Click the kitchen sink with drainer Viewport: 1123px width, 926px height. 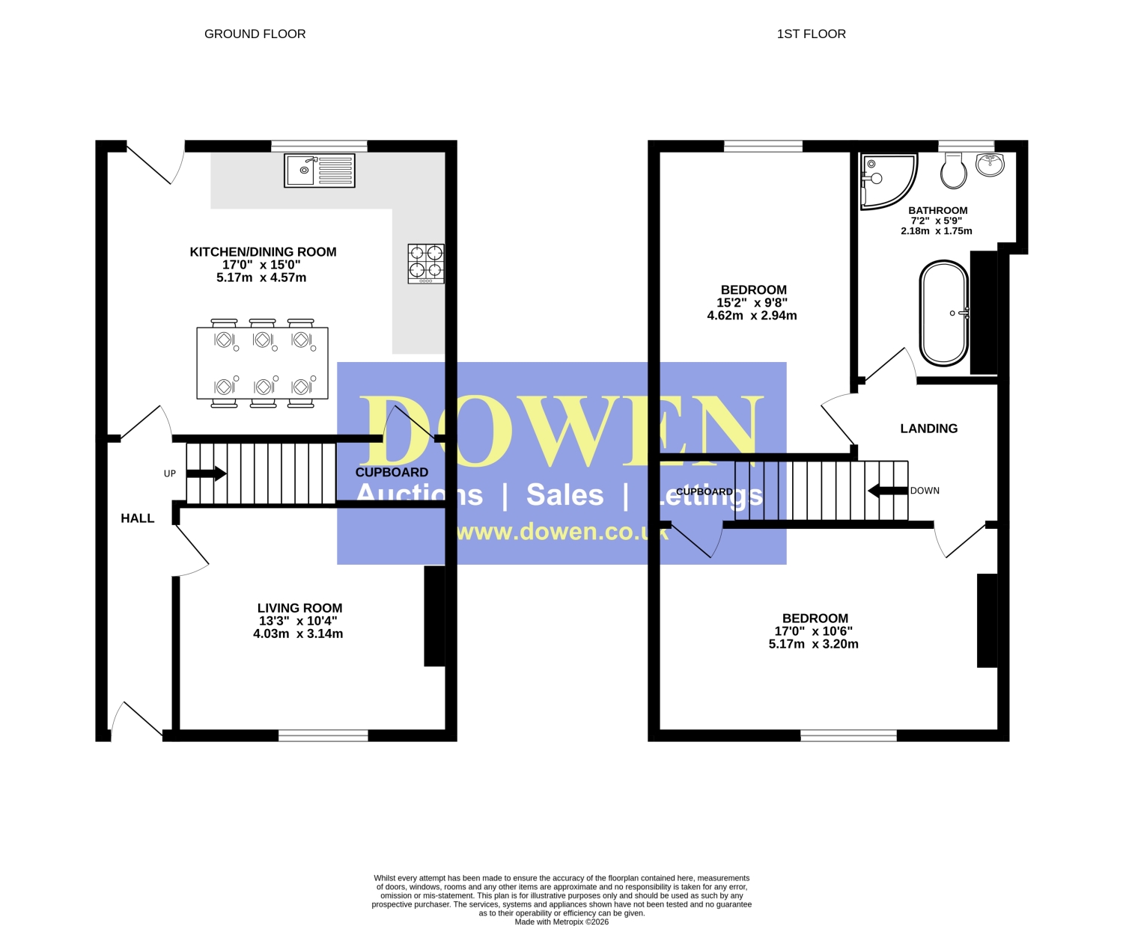point(320,171)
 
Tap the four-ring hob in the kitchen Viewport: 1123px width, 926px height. point(426,263)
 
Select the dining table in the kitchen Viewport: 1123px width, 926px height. point(263,363)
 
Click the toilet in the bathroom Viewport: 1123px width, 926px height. point(954,170)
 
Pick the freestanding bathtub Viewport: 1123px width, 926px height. point(944,313)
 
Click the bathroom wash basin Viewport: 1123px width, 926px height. point(990,165)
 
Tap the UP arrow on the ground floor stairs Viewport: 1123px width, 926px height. point(206,473)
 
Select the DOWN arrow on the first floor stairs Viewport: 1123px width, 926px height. point(888,491)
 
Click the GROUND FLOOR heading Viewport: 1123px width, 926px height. point(255,34)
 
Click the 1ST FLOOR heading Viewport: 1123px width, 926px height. point(811,34)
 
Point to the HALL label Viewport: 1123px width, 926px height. point(137,518)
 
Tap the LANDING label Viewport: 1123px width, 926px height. point(929,429)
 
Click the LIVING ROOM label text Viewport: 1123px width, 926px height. point(299,608)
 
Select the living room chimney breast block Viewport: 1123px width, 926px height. point(434,616)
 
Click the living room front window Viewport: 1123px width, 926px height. point(323,735)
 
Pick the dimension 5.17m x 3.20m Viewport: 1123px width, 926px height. point(813,644)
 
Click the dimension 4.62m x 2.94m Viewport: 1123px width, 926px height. point(752,316)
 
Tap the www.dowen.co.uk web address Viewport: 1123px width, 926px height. point(562,532)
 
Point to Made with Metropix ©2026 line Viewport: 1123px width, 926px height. point(561,922)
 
